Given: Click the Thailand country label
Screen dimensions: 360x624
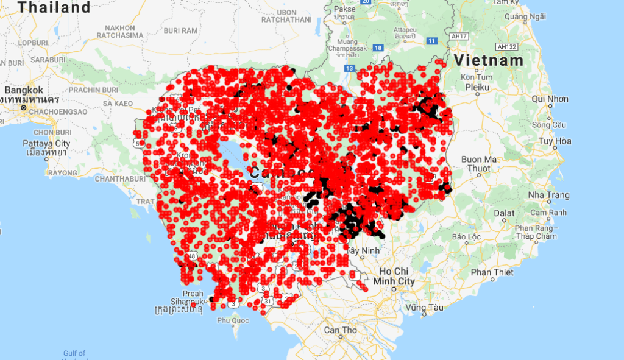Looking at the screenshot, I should (x=54, y=7).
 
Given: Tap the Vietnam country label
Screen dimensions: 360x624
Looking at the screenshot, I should (x=489, y=60).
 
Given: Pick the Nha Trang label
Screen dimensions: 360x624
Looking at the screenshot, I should (x=549, y=195).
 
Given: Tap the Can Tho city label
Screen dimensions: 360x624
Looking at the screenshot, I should (x=341, y=330).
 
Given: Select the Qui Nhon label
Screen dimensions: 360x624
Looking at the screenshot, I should (x=550, y=99).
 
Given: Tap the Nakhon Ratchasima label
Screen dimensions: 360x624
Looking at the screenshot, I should (x=124, y=32).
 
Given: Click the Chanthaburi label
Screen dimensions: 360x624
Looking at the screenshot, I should (x=120, y=178).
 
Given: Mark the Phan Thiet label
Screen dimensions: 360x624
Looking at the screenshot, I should (x=492, y=272).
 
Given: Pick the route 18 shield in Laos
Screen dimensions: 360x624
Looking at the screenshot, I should (x=378, y=48).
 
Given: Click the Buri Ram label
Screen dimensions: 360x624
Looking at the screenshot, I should (x=180, y=30).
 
